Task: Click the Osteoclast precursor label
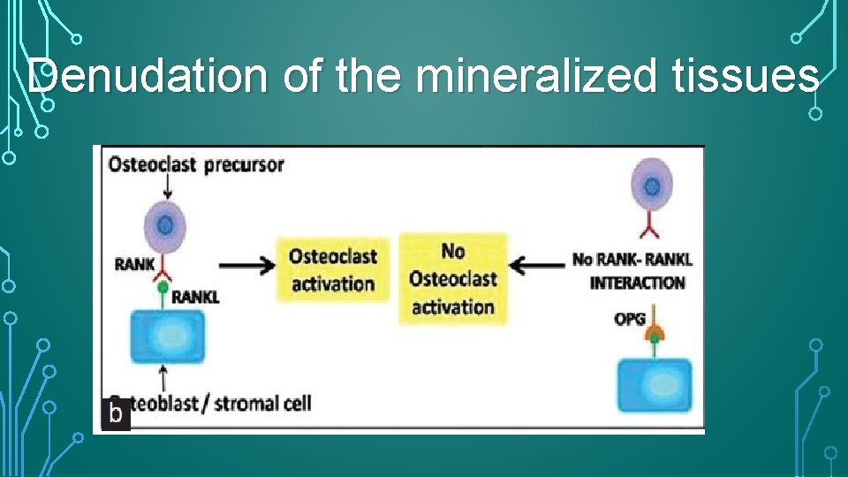[x=195, y=165]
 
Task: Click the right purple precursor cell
[x=653, y=186]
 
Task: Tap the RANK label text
[x=133, y=263]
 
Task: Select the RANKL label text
[x=195, y=297]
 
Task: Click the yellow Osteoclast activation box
[x=332, y=269]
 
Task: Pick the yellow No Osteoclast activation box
[x=453, y=278]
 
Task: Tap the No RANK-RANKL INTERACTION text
[x=632, y=270]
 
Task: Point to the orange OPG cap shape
[x=655, y=335]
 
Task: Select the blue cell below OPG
[x=655, y=385]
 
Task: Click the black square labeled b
[x=116, y=414]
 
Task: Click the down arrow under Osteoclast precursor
[x=164, y=186]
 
